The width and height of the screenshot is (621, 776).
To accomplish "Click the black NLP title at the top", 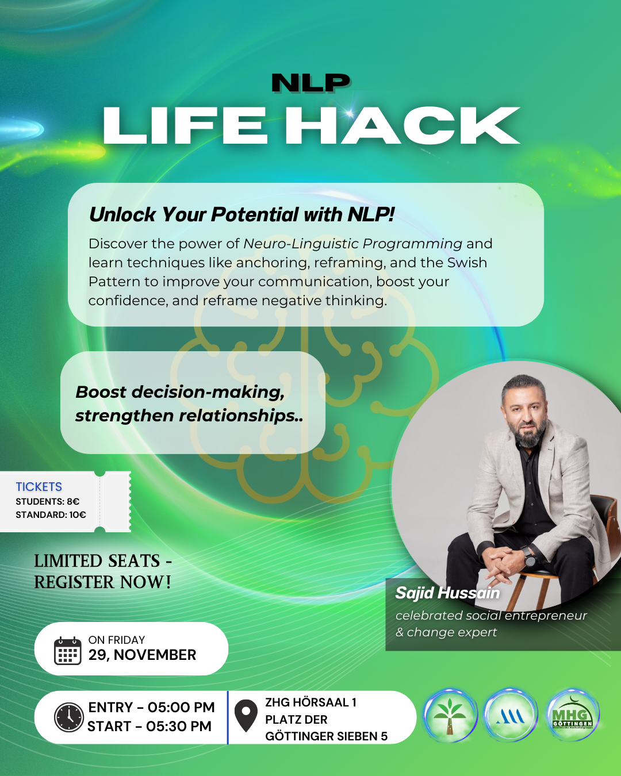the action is [x=310, y=83].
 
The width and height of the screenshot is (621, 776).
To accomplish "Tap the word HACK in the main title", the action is [x=403, y=126].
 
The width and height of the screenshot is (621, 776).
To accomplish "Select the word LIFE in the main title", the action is [x=185, y=126].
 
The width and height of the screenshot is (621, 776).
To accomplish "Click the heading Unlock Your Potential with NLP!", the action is [x=241, y=214].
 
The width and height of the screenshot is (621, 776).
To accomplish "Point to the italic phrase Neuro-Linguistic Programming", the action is [x=353, y=244].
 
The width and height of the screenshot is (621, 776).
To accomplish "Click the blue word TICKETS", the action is [x=39, y=487].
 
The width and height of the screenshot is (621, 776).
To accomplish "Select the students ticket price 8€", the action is [x=73, y=502].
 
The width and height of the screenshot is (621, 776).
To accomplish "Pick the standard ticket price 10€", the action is [x=78, y=514].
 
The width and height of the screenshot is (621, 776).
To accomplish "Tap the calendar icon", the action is [x=67, y=651].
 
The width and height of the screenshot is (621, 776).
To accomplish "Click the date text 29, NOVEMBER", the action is [x=142, y=655].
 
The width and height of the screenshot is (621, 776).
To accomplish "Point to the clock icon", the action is [x=68, y=717].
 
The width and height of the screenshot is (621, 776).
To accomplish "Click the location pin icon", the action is [x=246, y=716].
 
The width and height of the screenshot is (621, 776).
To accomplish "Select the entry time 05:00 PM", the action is [x=181, y=708].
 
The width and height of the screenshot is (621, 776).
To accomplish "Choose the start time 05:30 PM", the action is [x=178, y=726].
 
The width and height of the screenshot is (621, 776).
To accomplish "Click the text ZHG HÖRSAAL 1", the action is [x=310, y=702].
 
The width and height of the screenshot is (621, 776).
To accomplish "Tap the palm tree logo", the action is [x=450, y=716].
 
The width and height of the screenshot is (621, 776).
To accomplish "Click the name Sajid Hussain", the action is [x=447, y=593].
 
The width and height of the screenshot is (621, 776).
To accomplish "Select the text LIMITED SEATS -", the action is [x=103, y=562].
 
